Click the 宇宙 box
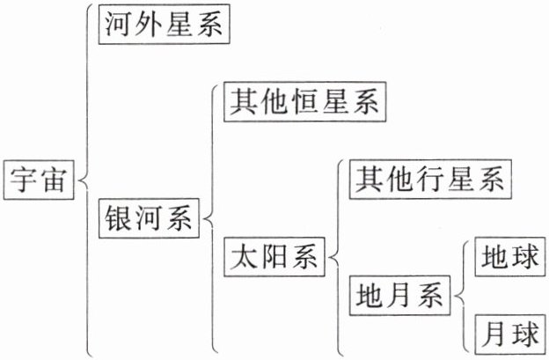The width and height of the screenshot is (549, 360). pyautogui.click(x=40, y=180)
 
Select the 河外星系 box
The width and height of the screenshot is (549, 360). pyautogui.click(x=165, y=26)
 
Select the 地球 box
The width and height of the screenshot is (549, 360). pyautogui.click(x=506, y=258)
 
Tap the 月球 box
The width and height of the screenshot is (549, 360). pyautogui.click(x=506, y=334)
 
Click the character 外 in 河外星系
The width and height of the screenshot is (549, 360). pyautogui.click(x=149, y=26)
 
